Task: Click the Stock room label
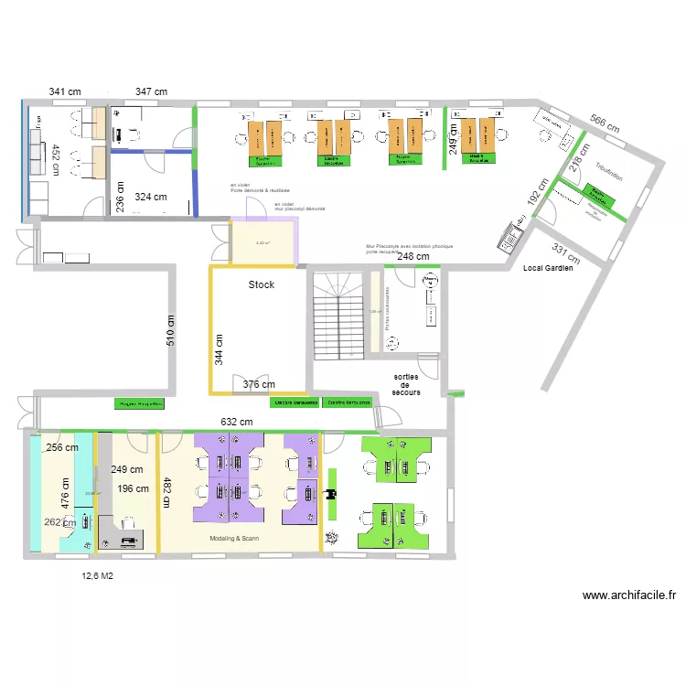pos(262,285)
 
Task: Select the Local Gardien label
pos(549,269)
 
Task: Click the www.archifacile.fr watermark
pos(629,595)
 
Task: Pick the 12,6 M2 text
pos(97,576)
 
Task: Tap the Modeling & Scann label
pos(234,539)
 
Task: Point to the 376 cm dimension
pos(260,385)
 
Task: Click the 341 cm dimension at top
pos(65,91)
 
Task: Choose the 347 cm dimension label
pos(151,91)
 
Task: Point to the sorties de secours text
pos(406,384)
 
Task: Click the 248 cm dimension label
pos(413,257)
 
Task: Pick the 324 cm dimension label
pos(151,197)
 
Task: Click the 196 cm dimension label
pos(133,488)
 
